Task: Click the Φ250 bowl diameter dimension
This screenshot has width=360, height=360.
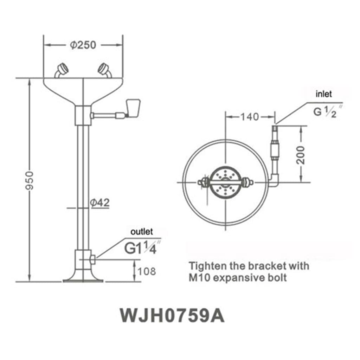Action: point(83,45)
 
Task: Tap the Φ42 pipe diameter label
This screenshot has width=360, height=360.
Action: point(99,202)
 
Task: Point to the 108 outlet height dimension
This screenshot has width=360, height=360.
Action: point(146,271)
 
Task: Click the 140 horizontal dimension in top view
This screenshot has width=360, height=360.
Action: point(250,117)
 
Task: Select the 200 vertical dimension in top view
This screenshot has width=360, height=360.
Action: point(301,155)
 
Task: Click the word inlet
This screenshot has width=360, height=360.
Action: point(323,94)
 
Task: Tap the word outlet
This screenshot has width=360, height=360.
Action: point(142,232)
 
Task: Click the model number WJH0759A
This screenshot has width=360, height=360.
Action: point(172,315)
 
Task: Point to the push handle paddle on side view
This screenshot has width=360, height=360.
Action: point(133,107)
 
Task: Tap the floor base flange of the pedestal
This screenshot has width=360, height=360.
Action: point(83,280)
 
